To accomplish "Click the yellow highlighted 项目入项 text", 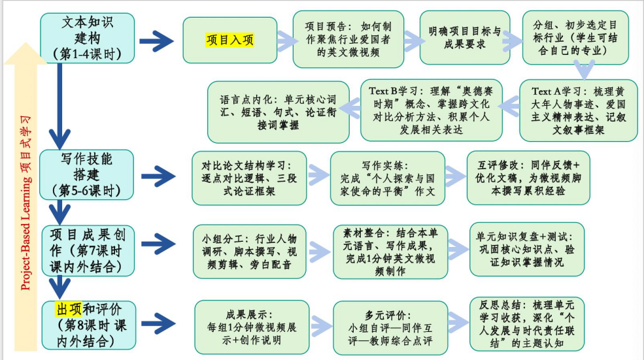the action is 229,40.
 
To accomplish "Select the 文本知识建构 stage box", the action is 87,38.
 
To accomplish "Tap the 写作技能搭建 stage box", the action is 86,175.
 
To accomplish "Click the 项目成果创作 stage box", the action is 88,250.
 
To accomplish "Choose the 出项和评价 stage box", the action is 89,325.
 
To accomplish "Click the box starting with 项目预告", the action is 348,39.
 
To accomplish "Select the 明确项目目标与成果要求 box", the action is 465,38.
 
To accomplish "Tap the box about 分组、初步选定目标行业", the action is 575,38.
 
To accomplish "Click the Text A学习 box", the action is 578,110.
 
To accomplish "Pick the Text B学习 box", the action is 432,110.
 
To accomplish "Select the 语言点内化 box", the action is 279,112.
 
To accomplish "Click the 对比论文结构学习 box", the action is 249,178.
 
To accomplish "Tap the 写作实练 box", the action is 388,178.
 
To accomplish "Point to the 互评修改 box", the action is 528,178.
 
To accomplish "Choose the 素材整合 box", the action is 390,252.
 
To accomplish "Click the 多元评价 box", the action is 390,328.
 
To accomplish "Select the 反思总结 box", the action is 527,324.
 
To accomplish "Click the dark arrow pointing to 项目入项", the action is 156,41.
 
